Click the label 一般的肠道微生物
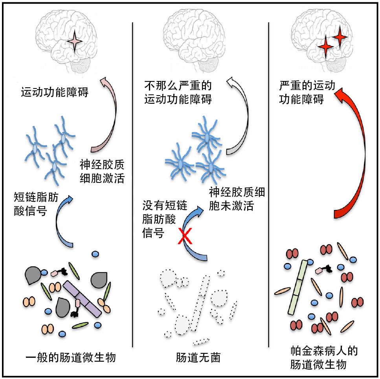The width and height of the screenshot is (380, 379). pyautogui.click(x=70, y=358)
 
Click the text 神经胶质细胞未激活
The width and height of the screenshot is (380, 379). pyautogui.click(x=237, y=199)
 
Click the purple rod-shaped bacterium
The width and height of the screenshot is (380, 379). pyautogui.click(x=83, y=299)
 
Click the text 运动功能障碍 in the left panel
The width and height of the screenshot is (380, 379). pyautogui.click(x=55, y=93)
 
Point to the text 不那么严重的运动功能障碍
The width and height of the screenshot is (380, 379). pyautogui.click(x=178, y=92)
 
